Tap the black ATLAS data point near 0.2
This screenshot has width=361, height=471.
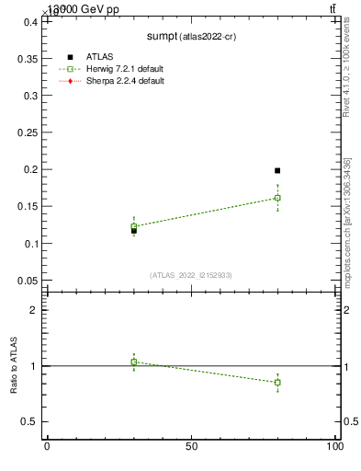coord(277,170)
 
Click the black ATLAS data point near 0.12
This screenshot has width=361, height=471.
coord(134,230)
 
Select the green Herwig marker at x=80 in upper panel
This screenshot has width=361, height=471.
coord(277,198)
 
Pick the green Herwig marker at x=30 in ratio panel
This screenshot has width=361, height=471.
coord(134,362)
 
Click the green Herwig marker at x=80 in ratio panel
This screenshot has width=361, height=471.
coord(277,382)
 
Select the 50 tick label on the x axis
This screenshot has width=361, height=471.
coord(191,447)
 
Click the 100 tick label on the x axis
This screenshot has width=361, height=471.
coord(335,447)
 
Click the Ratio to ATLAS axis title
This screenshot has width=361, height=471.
coord(14,365)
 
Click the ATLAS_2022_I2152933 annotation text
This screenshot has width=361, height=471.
coord(191,275)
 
